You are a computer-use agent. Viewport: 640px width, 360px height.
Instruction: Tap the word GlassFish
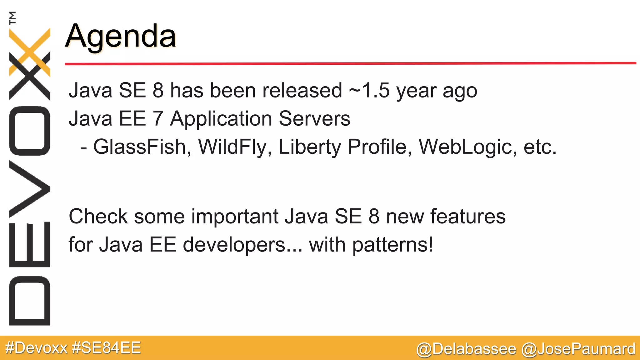[140, 147]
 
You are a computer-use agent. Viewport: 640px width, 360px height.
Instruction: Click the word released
[302, 90]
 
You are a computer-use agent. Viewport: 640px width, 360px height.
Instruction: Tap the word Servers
[314, 118]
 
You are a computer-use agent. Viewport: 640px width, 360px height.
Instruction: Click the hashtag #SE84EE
[106, 348]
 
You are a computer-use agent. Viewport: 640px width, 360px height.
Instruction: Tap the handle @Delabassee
[466, 349]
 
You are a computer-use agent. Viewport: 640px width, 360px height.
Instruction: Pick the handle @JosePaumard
[578, 349]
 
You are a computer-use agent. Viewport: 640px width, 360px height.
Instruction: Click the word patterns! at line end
[393, 244]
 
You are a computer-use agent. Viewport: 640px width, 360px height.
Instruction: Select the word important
[235, 216]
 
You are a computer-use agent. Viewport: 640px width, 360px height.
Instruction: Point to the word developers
[234, 244]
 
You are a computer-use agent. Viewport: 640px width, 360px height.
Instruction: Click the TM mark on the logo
[13, 18]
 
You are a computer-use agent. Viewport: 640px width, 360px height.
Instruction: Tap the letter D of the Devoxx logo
[30, 301]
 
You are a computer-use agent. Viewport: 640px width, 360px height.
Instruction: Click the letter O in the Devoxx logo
[30, 131]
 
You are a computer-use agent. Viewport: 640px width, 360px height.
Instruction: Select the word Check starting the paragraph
[98, 216]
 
